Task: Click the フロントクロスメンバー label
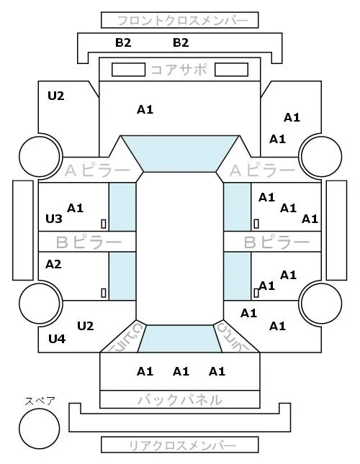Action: coord(183,21)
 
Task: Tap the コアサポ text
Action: coord(179,70)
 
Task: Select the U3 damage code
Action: coord(54,219)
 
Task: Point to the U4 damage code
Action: coord(57,339)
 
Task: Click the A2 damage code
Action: coord(53,264)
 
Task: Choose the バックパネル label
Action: coord(180,400)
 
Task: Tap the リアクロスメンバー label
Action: coord(182,445)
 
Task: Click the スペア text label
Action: coord(40,401)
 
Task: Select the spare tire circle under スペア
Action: coord(40,429)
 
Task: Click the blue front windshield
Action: coord(180,153)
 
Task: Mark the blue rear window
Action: coord(180,339)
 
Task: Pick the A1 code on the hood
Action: coord(145,110)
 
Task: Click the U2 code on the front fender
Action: coord(56,96)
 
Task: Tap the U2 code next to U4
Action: coord(86,326)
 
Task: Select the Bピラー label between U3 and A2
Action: coord(89,242)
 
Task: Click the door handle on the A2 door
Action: coord(104,293)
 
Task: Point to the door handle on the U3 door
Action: coord(104,224)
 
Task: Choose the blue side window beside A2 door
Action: coord(122,276)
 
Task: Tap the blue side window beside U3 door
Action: coord(122,207)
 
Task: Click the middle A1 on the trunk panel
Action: coord(181,371)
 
